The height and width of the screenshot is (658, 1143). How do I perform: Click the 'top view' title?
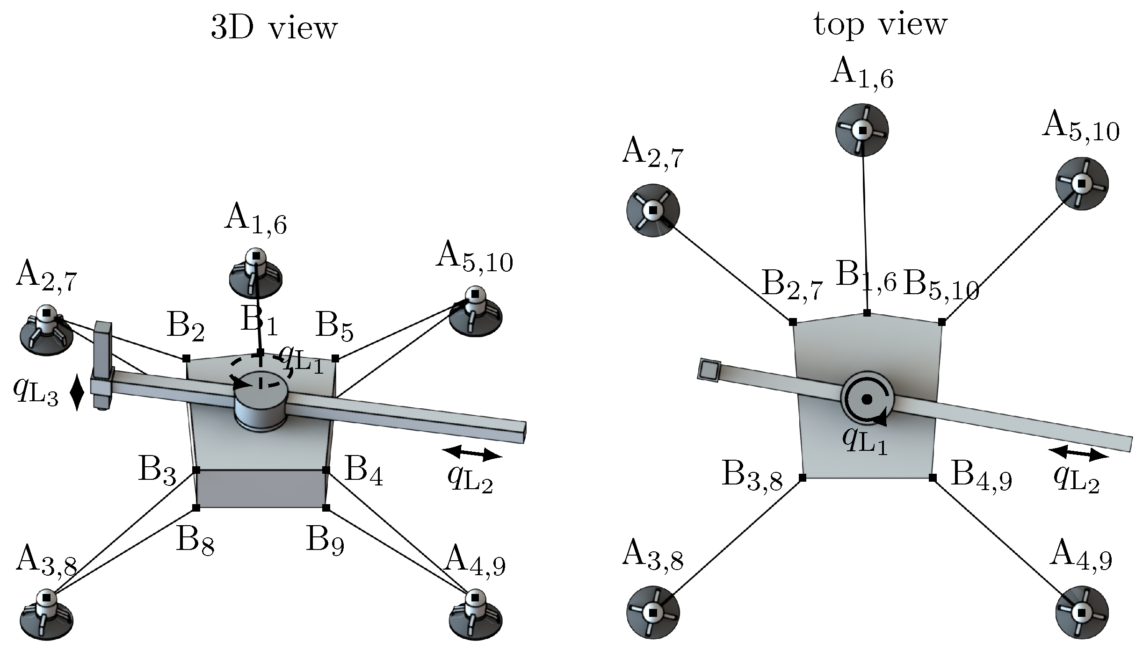point(880,24)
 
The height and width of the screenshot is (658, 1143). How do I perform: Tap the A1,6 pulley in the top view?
point(861,130)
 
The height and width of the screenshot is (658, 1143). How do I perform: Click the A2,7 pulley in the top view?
point(652,210)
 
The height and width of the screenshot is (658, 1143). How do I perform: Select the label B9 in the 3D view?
point(325,541)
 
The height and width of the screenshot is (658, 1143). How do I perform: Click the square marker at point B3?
point(196,470)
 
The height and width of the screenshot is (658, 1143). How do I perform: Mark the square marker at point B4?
point(326,470)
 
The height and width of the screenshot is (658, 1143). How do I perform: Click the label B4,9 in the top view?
point(982,476)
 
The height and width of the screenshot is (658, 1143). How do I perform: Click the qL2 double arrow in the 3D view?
point(471,453)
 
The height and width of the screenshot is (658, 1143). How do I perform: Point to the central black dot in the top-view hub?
point(867,399)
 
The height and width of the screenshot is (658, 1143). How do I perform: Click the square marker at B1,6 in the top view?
point(867,313)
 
